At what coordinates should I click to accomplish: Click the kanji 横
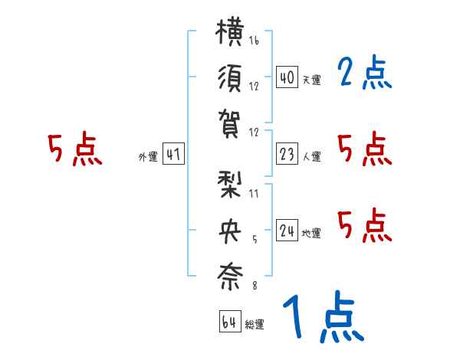tap(230, 31)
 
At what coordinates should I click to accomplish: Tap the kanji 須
tap(230, 78)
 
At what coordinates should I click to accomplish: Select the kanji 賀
tap(230, 124)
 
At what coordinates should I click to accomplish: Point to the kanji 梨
tap(230, 185)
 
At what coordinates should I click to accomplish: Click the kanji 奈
tap(230, 277)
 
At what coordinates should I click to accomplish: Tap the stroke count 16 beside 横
tap(254, 40)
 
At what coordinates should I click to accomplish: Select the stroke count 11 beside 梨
tap(254, 194)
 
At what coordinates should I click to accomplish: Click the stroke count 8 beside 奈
tap(255, 285)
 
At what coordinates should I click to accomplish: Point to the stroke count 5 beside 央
tap(255, 240)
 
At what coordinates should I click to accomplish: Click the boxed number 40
tap(287, 77)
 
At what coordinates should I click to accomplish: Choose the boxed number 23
tap(287, 154)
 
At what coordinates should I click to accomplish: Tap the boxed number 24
tap(287, 231)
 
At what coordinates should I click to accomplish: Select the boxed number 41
tap(173, 154)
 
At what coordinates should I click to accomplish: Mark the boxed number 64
tap(230, 322)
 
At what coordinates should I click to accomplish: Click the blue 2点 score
tap(365, 72)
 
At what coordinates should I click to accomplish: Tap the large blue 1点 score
tap(324, 317)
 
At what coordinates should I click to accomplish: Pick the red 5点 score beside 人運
tap(365, 149)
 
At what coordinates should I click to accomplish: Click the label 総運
tap(255, 324)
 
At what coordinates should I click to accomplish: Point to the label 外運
tap(148, 157)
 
